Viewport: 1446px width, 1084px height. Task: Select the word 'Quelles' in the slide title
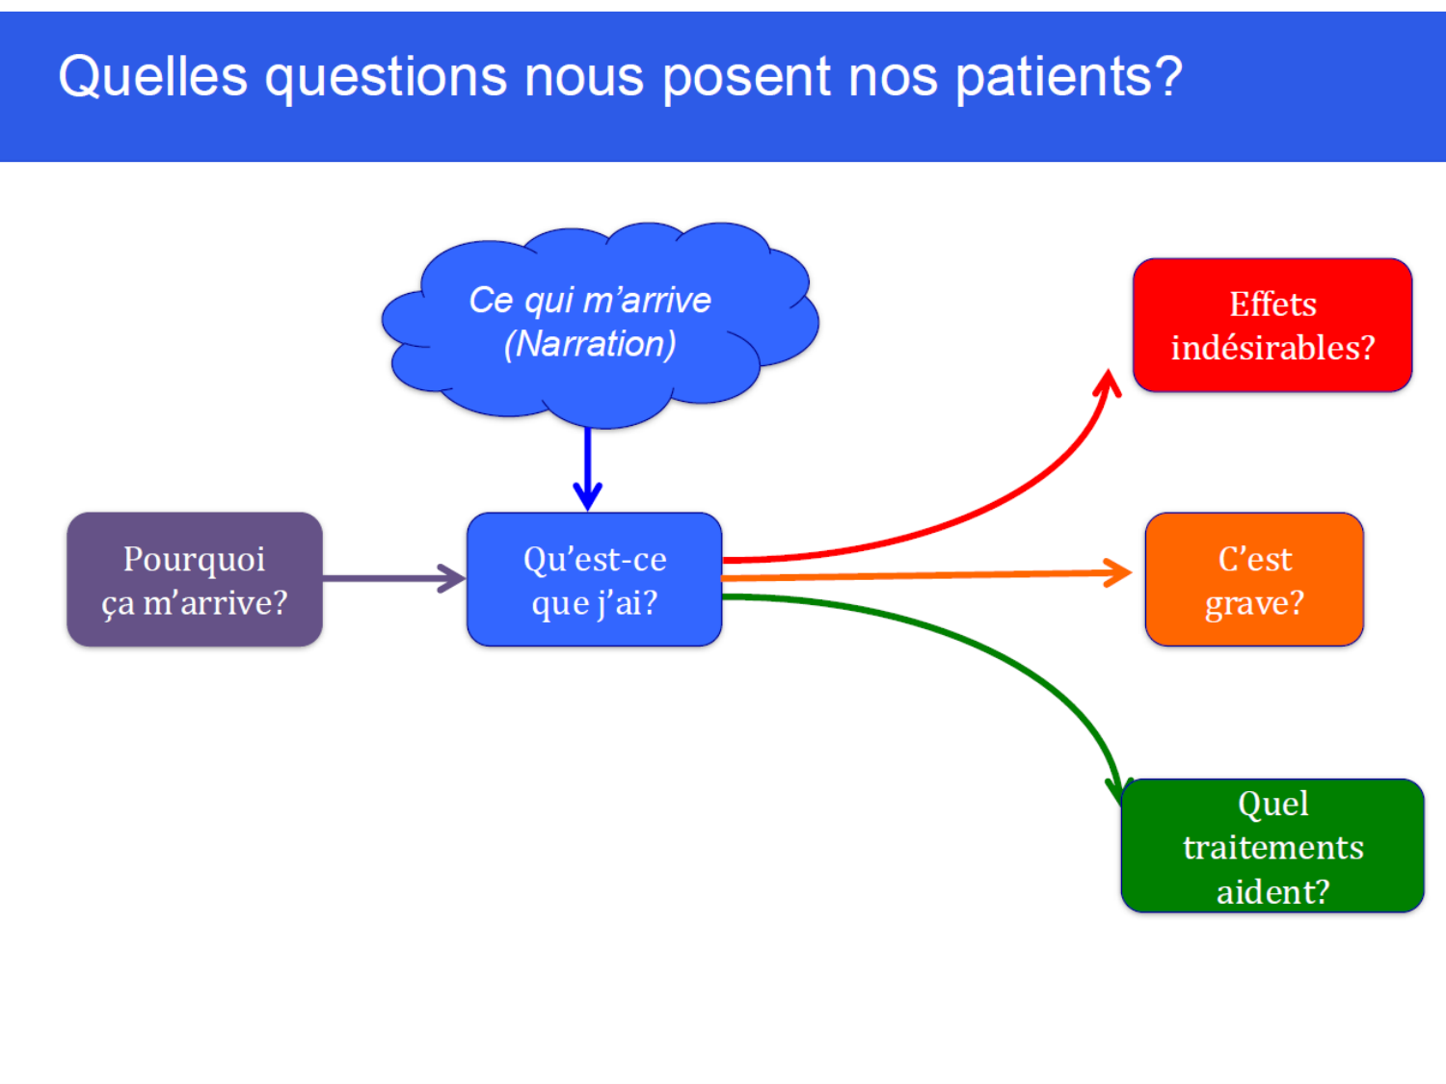click(x=152, y=77)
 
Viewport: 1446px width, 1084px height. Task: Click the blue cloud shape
click(x=598, y=385)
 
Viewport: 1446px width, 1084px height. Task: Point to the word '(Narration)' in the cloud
click(x=590, y=344)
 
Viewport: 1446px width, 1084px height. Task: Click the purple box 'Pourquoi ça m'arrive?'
click(x=194, y=579)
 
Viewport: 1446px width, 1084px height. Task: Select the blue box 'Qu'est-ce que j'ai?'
click(x=594, y=579)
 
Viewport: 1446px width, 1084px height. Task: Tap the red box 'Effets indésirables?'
click(x=1272, y=325)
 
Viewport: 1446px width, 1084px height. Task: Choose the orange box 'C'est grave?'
click(x=1254, y=579)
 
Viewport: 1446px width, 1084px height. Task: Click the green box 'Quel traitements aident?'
click(x=1272, y=846)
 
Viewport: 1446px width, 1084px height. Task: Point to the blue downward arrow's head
click(x=587, y=496)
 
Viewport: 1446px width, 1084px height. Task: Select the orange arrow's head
click(x=1120, y=573)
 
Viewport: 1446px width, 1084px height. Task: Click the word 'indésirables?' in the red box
click(x=1272, y=348)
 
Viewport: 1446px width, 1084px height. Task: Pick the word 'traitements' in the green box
click(x=1272, y=847)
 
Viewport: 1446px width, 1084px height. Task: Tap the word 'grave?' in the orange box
click(x=1254, y=603)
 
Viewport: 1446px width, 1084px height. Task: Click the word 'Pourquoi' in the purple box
click(x=194, y=559)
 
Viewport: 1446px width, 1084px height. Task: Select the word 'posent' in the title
click(x=746, y=77)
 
